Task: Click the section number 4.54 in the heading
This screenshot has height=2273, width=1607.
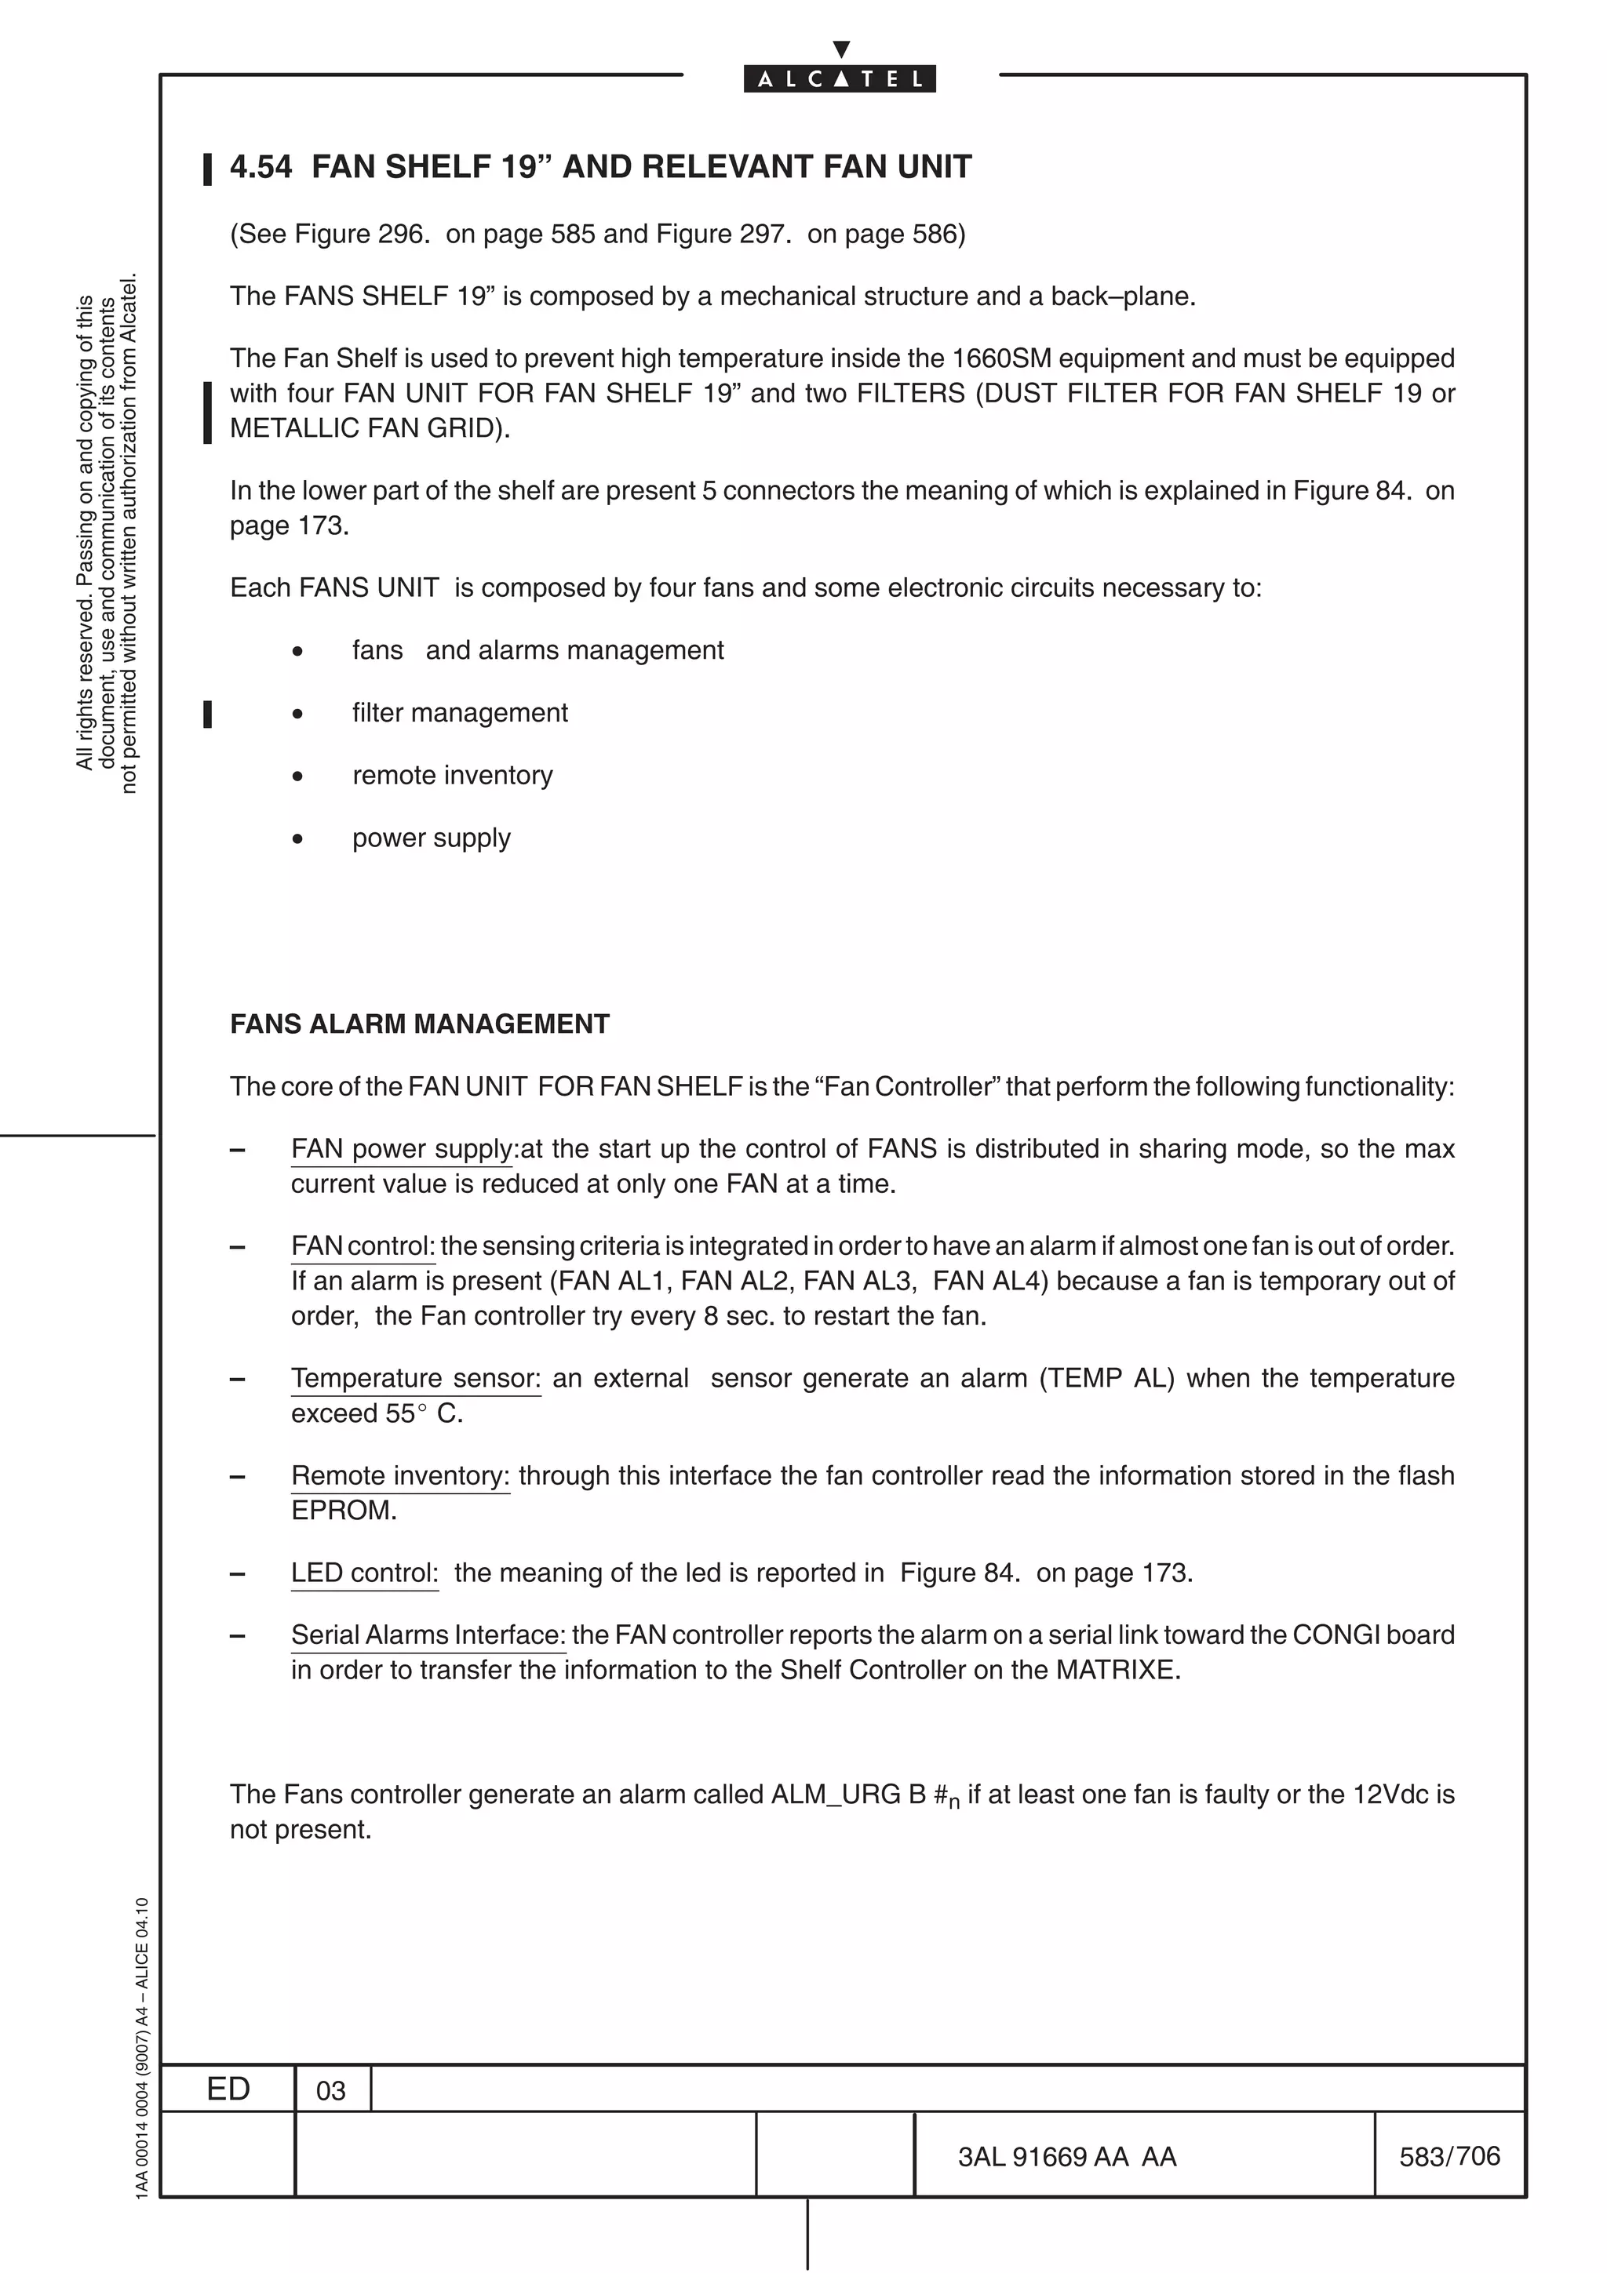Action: (x=261, y=166)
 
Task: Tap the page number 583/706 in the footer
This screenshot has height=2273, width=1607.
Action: (x=1448, y=2155)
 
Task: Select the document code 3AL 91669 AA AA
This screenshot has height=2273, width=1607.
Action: (x=1066, y=2156)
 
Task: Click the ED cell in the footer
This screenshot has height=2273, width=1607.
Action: (x=228, y=2088)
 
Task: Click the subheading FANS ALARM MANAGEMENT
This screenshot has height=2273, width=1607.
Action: (x=420, y=1024)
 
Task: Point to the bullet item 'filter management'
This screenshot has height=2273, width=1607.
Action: (x=460, y=713)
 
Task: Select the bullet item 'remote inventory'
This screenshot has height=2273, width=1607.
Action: (x=453, y=775)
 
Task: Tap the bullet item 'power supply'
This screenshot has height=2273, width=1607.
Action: (x=431, y=838)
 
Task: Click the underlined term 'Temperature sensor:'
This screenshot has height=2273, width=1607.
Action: (x=416, y=1378)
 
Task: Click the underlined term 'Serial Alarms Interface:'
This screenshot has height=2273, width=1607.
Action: (x=428, y=1635)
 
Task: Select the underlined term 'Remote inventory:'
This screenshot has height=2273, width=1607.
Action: (x=400, y=1475)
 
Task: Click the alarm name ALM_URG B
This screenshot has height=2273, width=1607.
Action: (x=848, y=1794)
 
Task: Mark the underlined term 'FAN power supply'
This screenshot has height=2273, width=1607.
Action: (x=402, y=1148)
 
